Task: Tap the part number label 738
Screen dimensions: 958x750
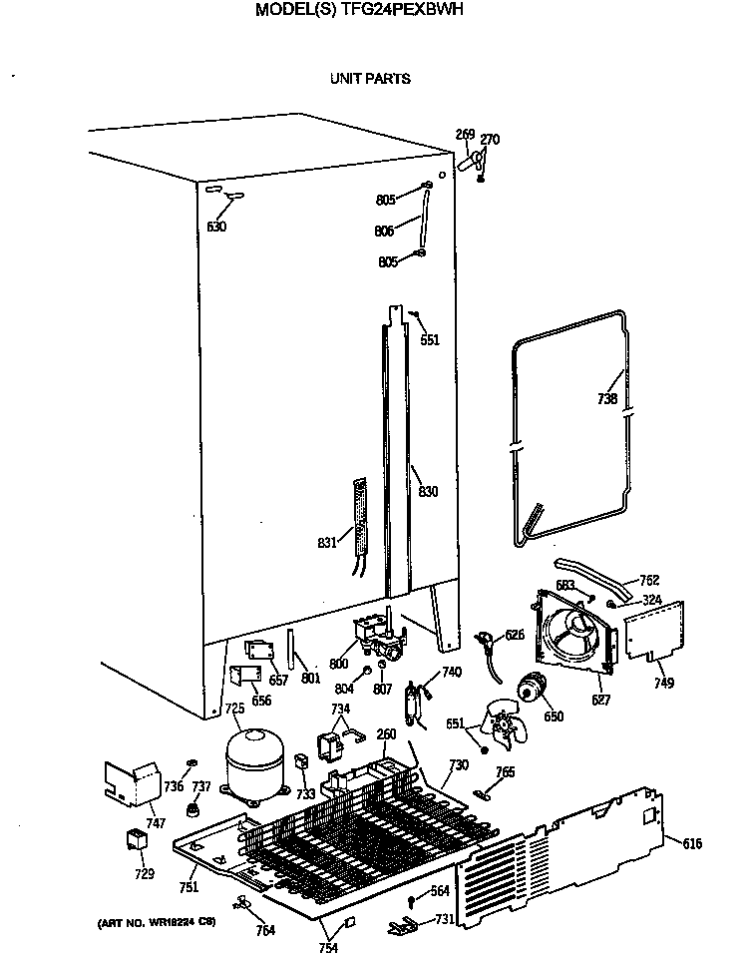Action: point(607,399)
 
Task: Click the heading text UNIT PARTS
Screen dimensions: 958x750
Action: point(370,78)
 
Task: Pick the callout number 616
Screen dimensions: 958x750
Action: point(691,844)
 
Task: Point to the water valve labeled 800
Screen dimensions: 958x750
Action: point(374,635)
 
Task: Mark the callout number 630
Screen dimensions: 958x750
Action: point(216,227)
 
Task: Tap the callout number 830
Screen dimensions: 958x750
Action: point(428,491)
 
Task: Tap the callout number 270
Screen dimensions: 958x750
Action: point(490,139)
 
